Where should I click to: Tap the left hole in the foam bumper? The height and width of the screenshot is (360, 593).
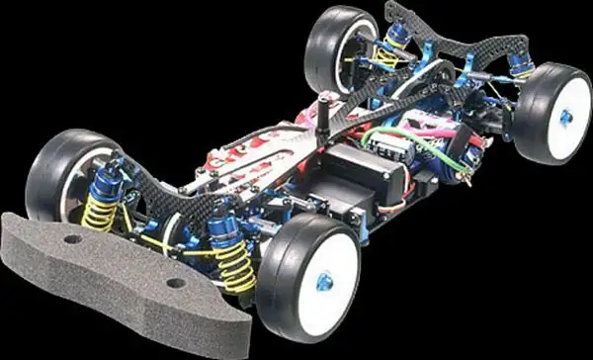point(74,240)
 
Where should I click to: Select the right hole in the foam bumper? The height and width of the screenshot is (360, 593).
point(176,283)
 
